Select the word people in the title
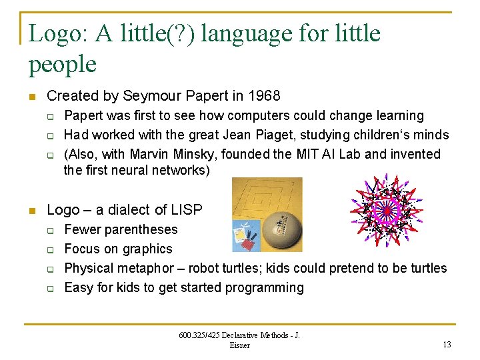63,65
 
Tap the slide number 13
446,344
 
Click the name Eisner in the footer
239,345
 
